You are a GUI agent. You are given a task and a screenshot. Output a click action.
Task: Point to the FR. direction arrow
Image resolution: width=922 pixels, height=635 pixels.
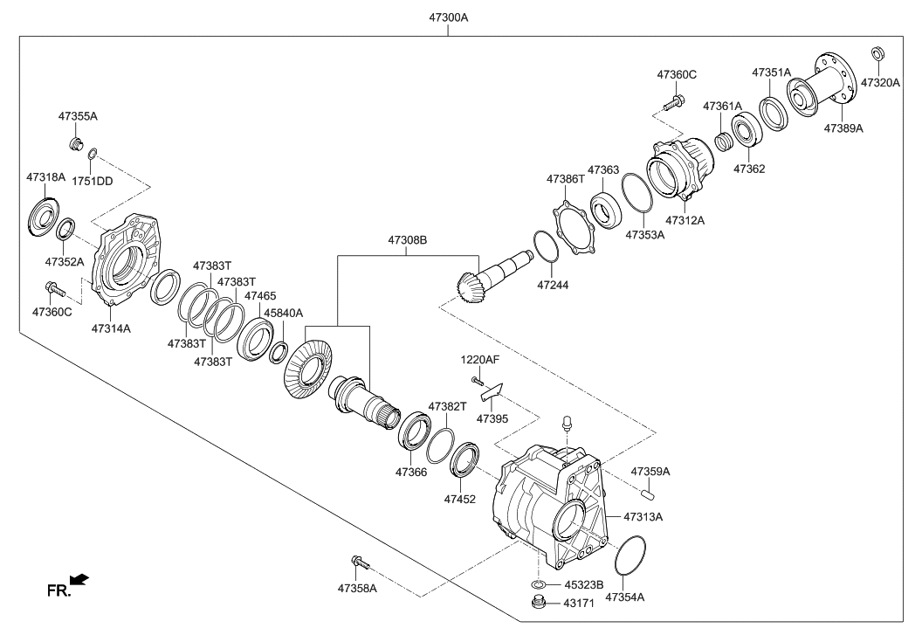click(79, 580)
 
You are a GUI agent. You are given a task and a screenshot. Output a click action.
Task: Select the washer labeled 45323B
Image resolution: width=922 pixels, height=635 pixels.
click(539, 584)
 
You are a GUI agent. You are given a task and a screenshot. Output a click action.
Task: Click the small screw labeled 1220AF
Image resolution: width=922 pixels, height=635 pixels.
click(476, 380)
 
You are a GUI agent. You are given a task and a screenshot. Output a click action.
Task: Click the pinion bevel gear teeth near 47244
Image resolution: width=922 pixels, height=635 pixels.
click(472, 287)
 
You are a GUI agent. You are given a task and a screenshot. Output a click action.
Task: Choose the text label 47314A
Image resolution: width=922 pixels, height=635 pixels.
click(111, 328)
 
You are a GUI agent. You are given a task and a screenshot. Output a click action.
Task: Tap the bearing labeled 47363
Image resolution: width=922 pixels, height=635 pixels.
click(604, 210)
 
